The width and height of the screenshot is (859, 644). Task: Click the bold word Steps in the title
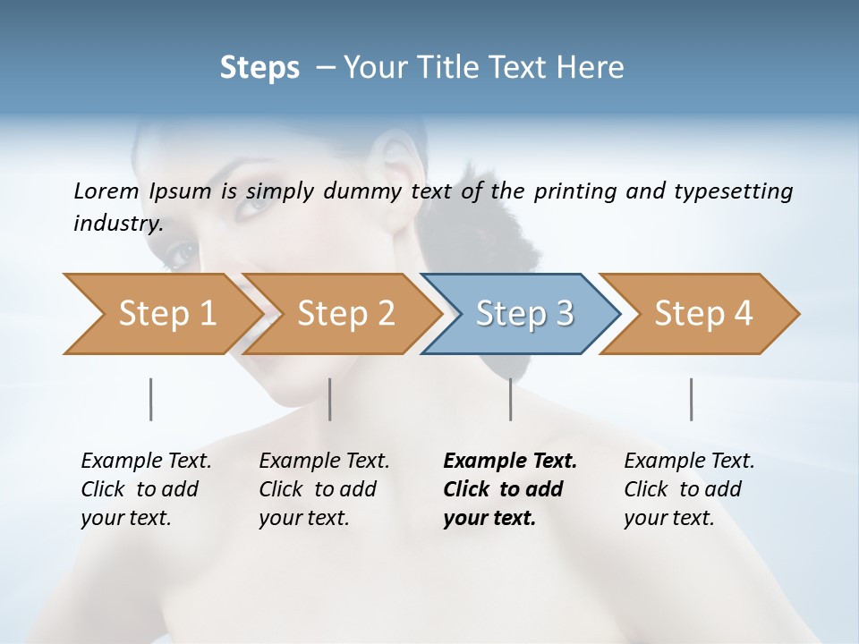pyautogui.click(x=259, y=68)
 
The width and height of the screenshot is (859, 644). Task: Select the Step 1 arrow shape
pyautogui.click(x=161, y=314)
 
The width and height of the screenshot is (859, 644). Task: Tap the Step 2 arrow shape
pyautogui.click(x=344, y=314)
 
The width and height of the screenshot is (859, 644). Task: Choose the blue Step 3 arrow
pyautogui.click(x=523, y=314)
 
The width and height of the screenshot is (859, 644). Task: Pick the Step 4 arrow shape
pyautogui.click(x=702, y=314)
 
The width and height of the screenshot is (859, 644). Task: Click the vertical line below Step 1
pyautogui.click(x=151, y=399)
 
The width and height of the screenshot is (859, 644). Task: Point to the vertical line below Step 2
pyautogui.click(x=330, y=399)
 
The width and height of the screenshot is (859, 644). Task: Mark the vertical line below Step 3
pyautogui.click(x=511, y=399)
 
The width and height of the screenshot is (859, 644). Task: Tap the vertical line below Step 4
pyautogui.click(x=692, y=399)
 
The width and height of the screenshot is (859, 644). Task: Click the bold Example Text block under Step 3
pyautogui.click(x=510, y=489)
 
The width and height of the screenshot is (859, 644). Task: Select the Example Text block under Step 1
pyautogui.click(x=146, y=489)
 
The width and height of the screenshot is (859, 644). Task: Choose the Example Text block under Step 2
pyautogui.click(x=324, y=489)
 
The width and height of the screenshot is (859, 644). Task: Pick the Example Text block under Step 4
pyautogui.click(x=689, y=489)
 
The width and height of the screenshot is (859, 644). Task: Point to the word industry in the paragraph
pyautogui.click(x=118, y=224)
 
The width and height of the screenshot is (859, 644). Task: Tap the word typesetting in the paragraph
pyautogui.click(x=737, y=191)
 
